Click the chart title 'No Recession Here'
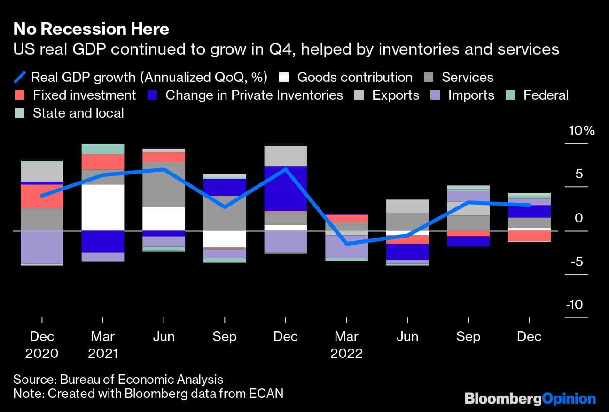[91, 29]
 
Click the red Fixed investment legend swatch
[20, 95]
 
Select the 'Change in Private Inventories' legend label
[254, 95]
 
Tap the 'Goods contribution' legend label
[355, 77]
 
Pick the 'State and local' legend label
[78, 113]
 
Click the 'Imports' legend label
[471, 95]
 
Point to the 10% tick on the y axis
[582, 131]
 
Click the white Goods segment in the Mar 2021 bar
[103, 207]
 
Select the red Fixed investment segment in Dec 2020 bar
[42, 196]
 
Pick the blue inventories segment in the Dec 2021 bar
[286, 189]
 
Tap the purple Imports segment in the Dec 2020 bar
[42, 247]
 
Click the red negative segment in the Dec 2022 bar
[530, 236]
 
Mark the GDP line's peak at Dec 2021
[286, 169]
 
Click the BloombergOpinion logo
[530, 399]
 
